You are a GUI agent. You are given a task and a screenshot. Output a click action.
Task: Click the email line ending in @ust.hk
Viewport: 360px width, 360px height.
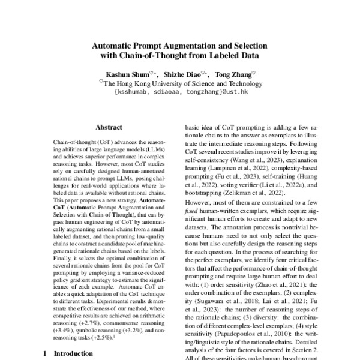[x=180, y=92]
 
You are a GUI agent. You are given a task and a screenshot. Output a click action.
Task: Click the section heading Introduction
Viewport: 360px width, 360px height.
[x=74, y=354]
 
